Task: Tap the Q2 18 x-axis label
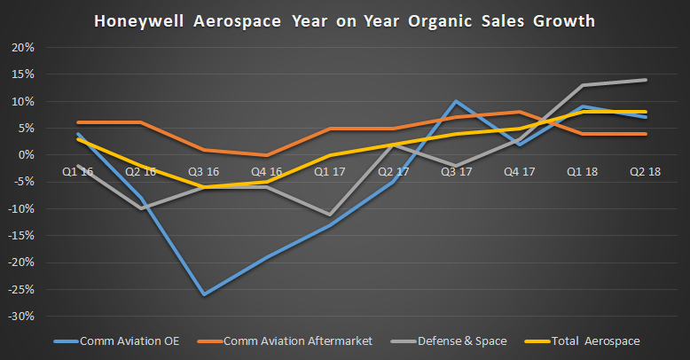click(644, 171)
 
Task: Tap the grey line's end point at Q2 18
click(645, 80)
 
